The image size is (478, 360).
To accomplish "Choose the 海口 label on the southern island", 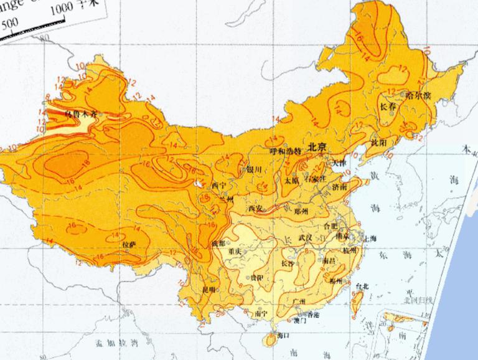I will (283, 335).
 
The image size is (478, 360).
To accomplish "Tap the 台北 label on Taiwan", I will (362, 286).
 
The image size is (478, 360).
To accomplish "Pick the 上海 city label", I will (368, 238).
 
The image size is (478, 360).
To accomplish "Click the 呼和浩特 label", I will (285, 151).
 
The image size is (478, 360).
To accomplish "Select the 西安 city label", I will (255, 209).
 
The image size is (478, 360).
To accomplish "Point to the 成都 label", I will (219, 243).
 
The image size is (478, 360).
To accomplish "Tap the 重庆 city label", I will (235, 251).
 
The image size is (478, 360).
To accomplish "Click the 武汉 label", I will (305, 237).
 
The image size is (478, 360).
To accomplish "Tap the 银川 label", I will (255, 169).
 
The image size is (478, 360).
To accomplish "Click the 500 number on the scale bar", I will (11, 23).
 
